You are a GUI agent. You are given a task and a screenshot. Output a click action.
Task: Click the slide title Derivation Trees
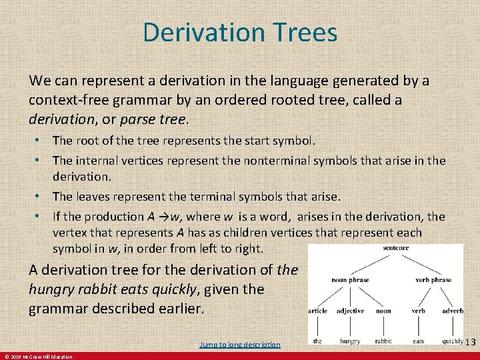[x=240, y=32]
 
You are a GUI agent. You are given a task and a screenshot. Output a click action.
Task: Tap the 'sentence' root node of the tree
[x=396, y=248]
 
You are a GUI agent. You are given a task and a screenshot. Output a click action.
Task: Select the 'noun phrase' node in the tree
[x=351, y=280]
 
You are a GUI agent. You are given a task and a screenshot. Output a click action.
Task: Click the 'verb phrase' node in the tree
[x=433, y=280]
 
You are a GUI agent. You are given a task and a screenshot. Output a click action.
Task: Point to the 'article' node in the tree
[x=317, y=311]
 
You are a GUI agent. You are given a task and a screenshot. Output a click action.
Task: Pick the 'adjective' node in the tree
[x=350, y=311]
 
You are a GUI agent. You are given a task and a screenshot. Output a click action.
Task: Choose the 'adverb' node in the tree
[x=453, y=311]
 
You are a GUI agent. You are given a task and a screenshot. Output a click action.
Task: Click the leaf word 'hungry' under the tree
[x=350, y=341]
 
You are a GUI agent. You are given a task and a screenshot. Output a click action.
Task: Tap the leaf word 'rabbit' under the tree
[x=383, y=341]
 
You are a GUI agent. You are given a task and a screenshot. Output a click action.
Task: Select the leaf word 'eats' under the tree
[x=418, y=341]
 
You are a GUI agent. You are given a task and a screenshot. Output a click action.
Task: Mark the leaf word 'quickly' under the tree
[x=453, y=341]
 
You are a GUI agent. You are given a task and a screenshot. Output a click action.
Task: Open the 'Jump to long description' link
[x=240, y=345]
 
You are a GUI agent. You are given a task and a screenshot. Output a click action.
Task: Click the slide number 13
[x=471, y=342]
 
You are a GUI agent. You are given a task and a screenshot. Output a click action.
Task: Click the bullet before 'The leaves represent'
[x=41, y=197]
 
